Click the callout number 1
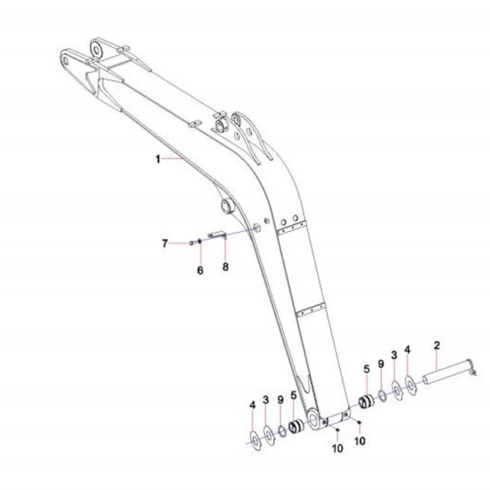(x=158, y=159)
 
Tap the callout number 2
(x=437, y=346)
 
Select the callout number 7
(x=165, y=243)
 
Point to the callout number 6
(x=200, y=270)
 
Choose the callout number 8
(x=225, y=267)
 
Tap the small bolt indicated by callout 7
(x=192, y=242)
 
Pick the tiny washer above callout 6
(x=200, y=241)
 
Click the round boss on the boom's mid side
(x=227, y=206)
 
